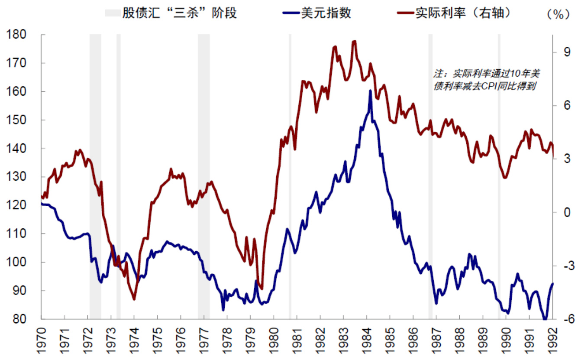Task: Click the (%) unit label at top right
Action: point(557,14)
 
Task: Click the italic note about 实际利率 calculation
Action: point(487,79)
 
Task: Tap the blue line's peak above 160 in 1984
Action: point(371,91)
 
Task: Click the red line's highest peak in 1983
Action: point(354,41)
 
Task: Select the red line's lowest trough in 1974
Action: point(134,299)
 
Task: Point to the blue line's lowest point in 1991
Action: point(545,319)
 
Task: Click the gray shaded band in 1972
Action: point(95,173)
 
